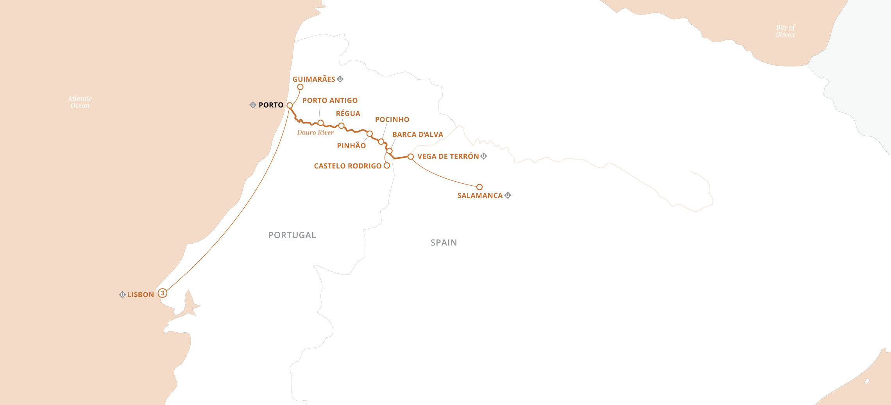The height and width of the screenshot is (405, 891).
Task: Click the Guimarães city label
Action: tap(313, 79)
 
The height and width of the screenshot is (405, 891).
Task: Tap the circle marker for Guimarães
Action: tap(300, 87)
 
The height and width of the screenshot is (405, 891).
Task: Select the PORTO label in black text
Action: tap(271, 105)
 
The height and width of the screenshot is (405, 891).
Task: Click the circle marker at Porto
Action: tap(290, 106)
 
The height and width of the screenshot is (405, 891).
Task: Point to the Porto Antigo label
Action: tap(330, 100)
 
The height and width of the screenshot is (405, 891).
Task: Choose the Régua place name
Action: tap(348, 114)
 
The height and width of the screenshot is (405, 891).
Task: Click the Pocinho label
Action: tap(392, 120)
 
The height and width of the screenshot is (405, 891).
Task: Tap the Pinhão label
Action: tap(351, 146)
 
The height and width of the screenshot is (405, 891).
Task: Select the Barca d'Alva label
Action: tap(417, 134)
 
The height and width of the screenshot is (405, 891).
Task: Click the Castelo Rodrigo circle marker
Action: tap(387, 165)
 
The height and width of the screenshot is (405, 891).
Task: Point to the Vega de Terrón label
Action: tap(448, 156)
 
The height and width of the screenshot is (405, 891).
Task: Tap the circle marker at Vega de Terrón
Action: tap(410, 157)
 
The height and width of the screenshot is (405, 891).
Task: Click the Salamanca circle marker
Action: tap(479, 187)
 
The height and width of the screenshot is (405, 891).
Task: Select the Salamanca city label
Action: tap(480, 195)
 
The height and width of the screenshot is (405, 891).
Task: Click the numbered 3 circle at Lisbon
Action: tap(163, 293)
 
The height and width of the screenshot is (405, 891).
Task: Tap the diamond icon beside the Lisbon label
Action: tap(122, 295)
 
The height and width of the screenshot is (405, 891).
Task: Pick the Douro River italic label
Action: tap(315, 133)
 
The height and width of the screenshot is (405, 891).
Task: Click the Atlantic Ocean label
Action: tap(80, 102)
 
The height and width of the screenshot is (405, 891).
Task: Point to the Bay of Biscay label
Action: tap(785, 31)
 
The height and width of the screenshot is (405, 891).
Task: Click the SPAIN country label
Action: tap(444, 243)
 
